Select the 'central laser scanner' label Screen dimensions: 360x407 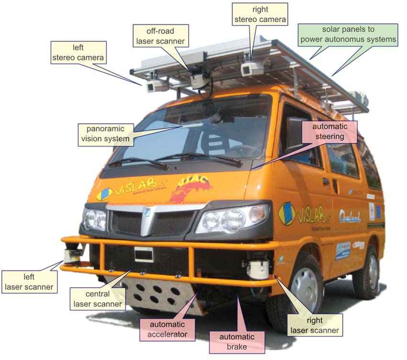98,299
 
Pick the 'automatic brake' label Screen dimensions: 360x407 237,341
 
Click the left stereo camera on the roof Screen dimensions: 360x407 157,85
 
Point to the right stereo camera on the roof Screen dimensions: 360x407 251,68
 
